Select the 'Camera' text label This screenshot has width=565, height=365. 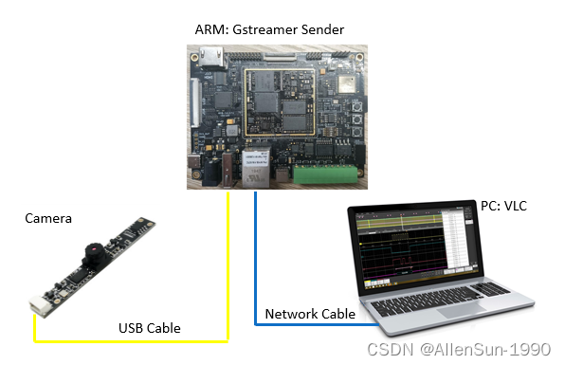coord(48,219)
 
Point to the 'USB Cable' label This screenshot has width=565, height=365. coord(149,328)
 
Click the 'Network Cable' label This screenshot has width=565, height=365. coord(310,313)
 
